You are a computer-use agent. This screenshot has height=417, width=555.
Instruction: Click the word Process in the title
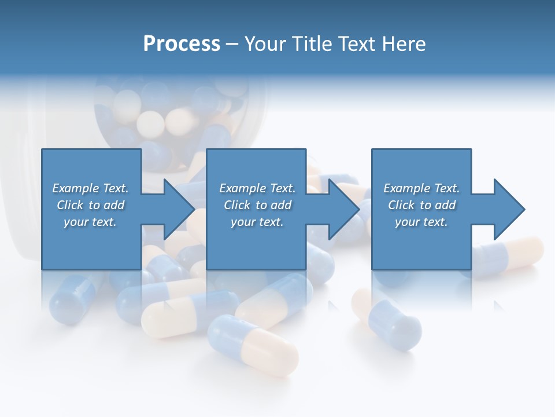coord(182,44)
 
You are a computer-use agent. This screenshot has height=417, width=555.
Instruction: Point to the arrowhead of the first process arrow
coord(179,209)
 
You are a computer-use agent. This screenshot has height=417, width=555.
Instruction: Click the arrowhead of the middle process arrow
coord(345,209)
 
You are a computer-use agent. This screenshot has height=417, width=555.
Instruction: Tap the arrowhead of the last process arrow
coord(509,209)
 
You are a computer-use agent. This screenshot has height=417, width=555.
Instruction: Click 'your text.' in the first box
coord(90,222)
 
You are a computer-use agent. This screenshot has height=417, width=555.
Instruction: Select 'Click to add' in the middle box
coord(257,205)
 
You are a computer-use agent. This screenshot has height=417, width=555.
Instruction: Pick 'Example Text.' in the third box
coord(421,188)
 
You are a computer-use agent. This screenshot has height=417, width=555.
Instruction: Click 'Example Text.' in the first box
coord(90,188)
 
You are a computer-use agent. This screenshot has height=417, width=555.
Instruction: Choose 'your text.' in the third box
coord(421,222)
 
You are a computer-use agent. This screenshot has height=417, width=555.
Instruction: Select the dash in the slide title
coord(232,44)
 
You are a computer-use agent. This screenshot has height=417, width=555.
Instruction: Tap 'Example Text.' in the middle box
coord(257,188)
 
